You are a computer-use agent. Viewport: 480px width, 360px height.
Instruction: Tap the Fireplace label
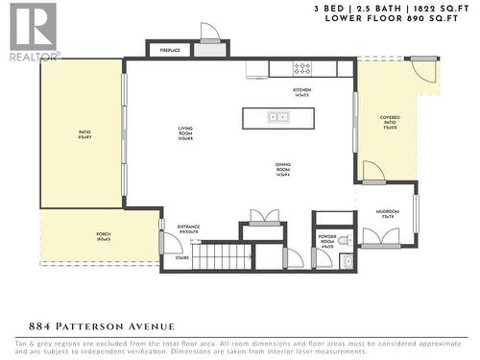168,50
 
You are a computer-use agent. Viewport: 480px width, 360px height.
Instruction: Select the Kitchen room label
301,91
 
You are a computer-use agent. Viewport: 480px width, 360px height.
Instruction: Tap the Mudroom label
388,215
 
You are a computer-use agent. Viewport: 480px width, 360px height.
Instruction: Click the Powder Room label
326,245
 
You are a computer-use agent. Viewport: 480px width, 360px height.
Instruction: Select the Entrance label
187,228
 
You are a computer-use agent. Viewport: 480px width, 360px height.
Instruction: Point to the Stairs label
181,257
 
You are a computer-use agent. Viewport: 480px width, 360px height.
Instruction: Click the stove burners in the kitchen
302,68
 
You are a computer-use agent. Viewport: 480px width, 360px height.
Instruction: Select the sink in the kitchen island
278,116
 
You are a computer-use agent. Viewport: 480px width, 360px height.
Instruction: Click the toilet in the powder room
347,259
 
